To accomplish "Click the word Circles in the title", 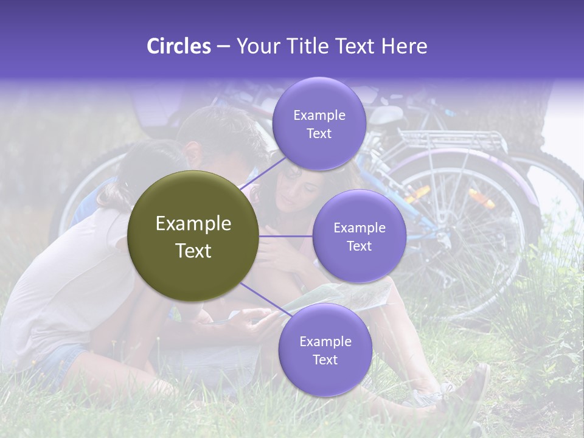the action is click(x=179, y=46).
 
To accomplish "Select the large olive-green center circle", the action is click(x=193, y=236).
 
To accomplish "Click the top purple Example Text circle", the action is click(x=319, y=124).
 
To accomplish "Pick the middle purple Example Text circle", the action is click(x=359, y=236).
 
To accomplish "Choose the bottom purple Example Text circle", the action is click(x=325, y=350).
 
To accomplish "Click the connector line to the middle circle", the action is click(x=285, y=236).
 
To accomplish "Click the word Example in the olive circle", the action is click(x=193, y=224).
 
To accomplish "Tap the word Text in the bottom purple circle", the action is click(x=325, y=360).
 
